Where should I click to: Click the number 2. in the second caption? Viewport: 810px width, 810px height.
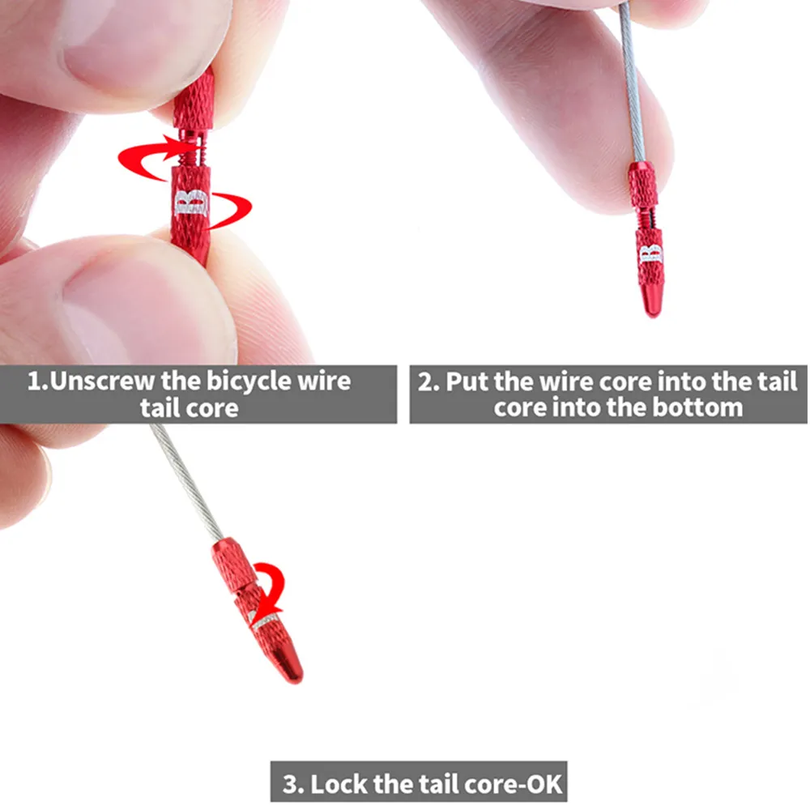point(428,382)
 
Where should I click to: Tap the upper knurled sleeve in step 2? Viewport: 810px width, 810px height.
point(643,184)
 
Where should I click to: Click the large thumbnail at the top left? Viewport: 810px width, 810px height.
point(122,49)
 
